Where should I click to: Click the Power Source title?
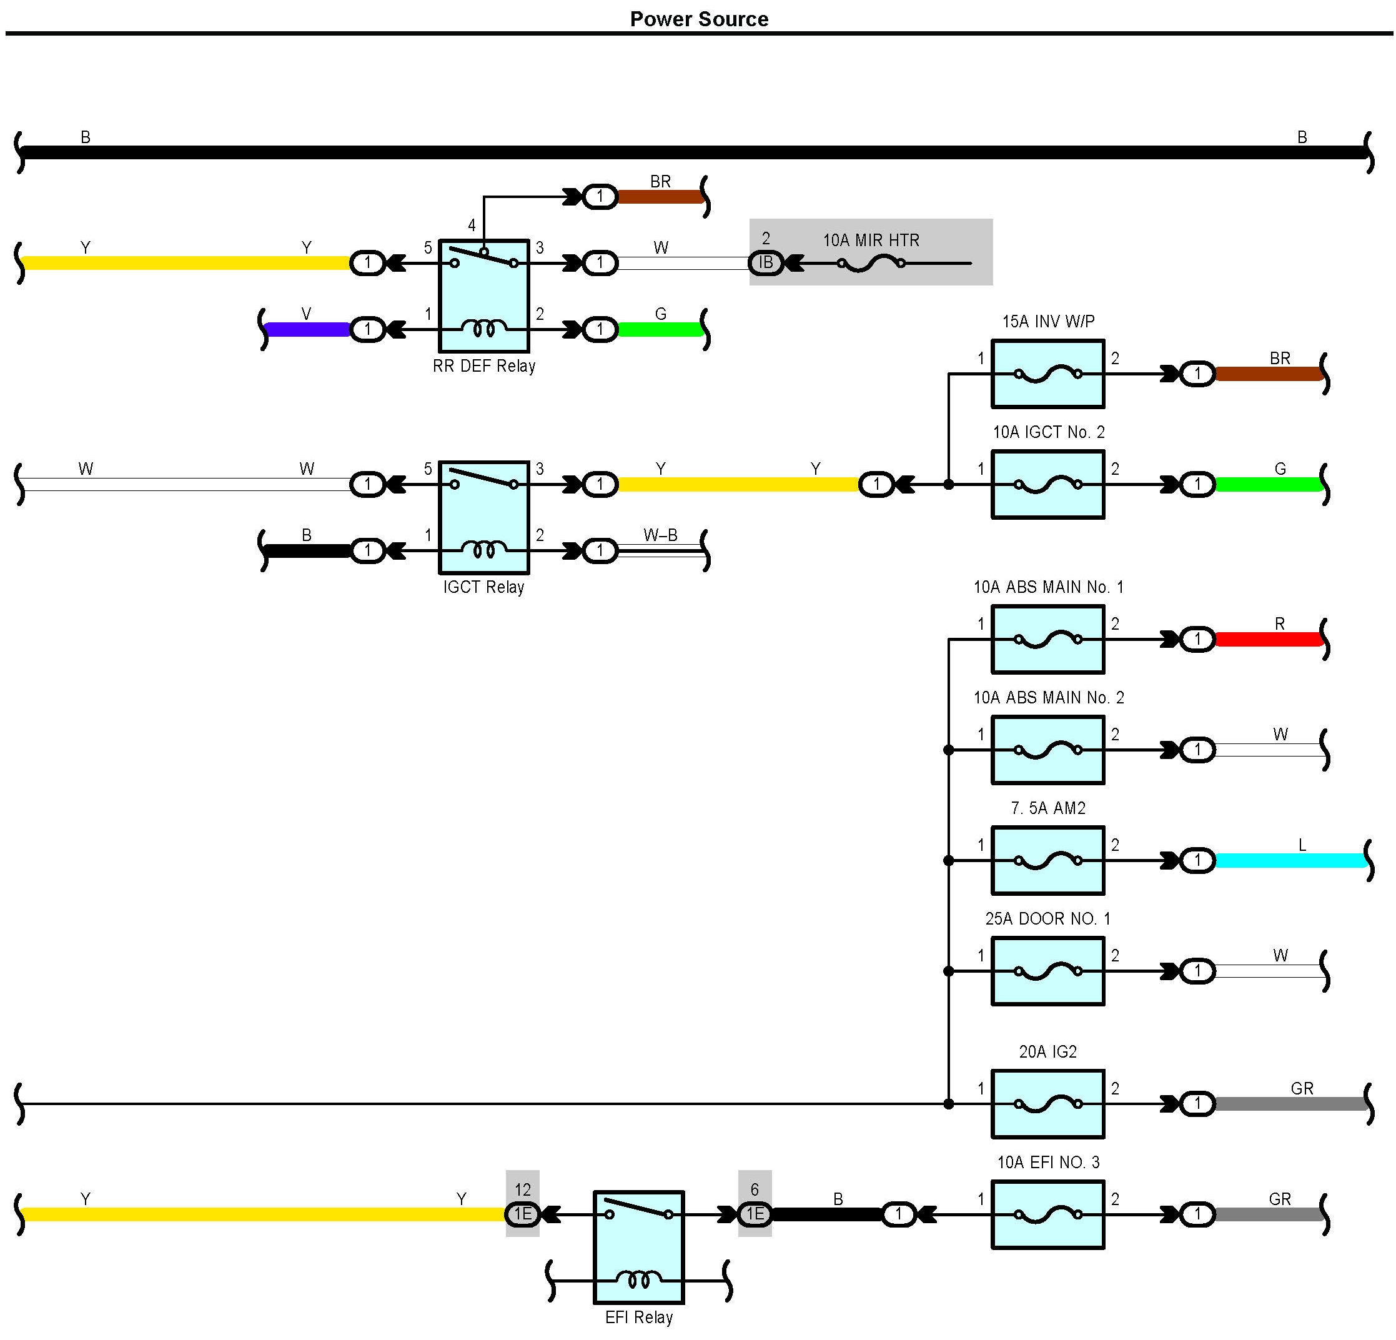(x=699, y=19)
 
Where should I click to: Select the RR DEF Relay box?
(x=483, y=295)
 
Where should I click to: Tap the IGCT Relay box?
(x=483, y=517)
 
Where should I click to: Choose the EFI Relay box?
(x=638, y=1247)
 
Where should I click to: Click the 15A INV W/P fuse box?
(x=1047, y=374)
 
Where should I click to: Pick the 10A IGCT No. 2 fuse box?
(x=1047, y=484)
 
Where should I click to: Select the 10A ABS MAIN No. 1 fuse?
(x=1047, y=639)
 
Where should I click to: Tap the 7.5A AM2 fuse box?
(x=1047, y=861)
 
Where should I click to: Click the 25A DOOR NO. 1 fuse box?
(x=1047, y=971)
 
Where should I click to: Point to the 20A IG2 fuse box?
(x=1047, y=1103)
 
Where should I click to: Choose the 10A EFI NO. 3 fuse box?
(x=1047, y=1214)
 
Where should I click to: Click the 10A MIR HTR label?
(x=871, y=241)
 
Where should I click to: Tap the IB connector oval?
(x=766, y=263)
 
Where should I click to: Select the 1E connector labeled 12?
(x=522, y=1213)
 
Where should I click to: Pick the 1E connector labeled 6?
(x=755, y=1213)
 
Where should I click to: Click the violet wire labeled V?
(x=307, y=330)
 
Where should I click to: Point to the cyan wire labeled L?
(x=1289, y=861)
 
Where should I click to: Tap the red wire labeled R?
(x=1268, y=639)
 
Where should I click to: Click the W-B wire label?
(x=660, y=535)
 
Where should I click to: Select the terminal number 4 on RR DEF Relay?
(x=472, y=226)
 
